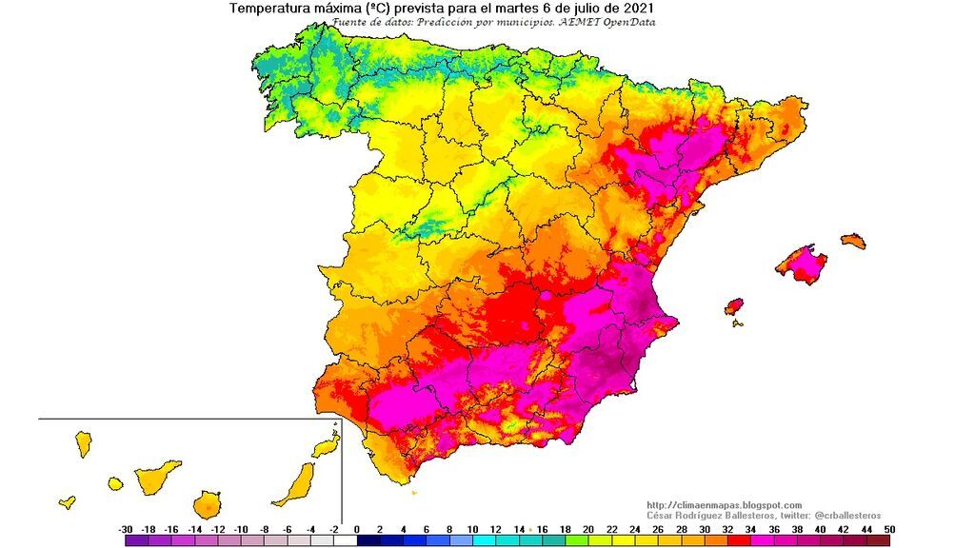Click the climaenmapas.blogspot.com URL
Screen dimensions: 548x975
tap(724, 505)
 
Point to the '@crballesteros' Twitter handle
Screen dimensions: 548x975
tap(841, 515)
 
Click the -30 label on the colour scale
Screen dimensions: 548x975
tap(125, 529)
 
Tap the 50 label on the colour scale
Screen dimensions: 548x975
tap(888, 529)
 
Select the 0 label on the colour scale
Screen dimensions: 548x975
tap(356, 529)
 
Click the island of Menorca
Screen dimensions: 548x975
tap(853, 241)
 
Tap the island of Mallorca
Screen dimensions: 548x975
tap(802, 263)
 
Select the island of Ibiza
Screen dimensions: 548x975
tap(733, 307)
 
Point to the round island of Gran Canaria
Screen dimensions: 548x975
tap(209, 503)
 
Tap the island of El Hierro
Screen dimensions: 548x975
tap(68, 501)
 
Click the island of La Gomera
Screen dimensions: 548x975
tap(115, 483)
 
